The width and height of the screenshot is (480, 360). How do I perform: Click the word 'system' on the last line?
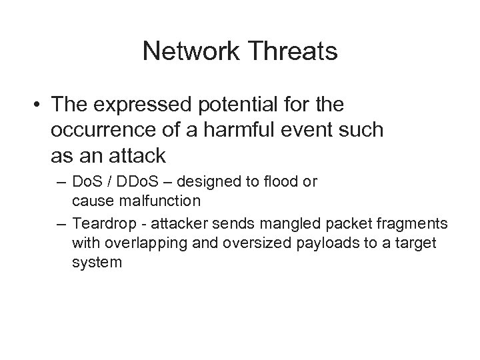[97, 262]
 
